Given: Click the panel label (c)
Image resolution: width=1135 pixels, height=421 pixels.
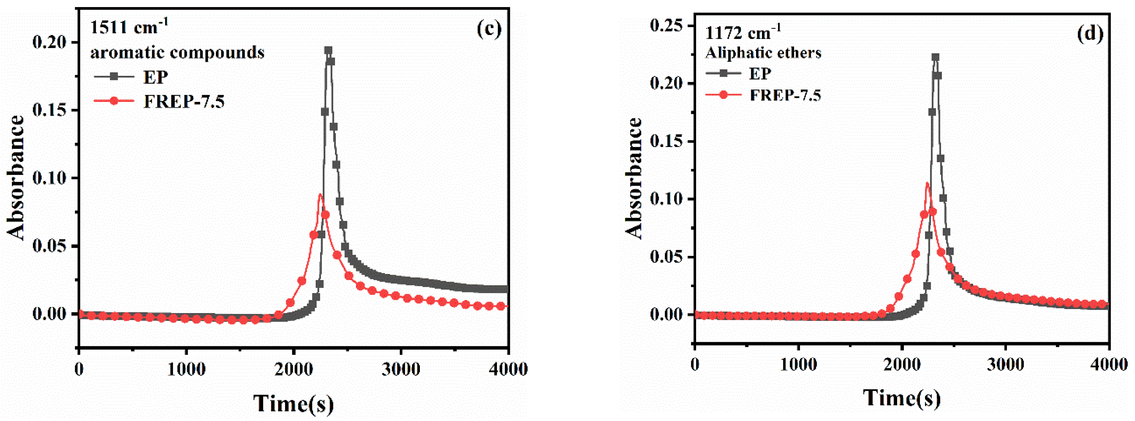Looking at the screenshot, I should [489, 29].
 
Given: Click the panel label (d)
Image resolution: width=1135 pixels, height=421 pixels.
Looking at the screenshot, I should [1090, 34].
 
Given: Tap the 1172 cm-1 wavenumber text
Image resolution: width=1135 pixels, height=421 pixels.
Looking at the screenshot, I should [743, 33].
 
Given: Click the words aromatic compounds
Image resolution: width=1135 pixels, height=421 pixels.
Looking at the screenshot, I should [177, 52].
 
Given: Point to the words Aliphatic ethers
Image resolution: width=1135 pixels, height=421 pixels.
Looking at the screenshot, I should [763, 53].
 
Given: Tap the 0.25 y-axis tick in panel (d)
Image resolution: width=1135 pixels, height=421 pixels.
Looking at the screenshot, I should [666, 26].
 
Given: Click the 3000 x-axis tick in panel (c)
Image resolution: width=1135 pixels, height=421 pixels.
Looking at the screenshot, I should [401, 369].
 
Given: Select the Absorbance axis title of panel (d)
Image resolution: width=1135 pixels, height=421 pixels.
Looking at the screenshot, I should [634, 179].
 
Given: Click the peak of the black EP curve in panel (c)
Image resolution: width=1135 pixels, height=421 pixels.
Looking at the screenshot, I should [328, 50].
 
